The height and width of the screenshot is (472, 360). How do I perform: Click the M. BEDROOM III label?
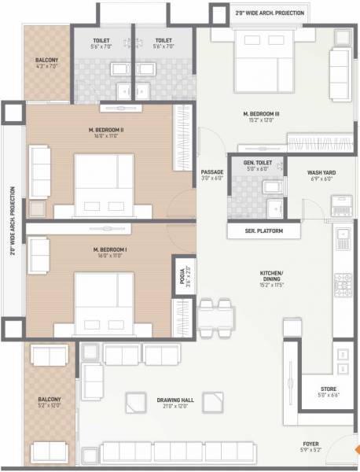pyautogui.click(x=262, y=113)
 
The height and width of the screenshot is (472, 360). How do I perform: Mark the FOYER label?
pyautogui.click(x=322, y=444)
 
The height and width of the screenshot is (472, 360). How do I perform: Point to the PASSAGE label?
pyautogui.click(x=212, y=171)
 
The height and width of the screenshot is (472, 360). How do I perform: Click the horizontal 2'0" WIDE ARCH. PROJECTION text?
pyautogui.click(x=269, y=13)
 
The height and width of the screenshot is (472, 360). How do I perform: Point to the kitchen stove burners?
pyautogui.click(x=344, y=282)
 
